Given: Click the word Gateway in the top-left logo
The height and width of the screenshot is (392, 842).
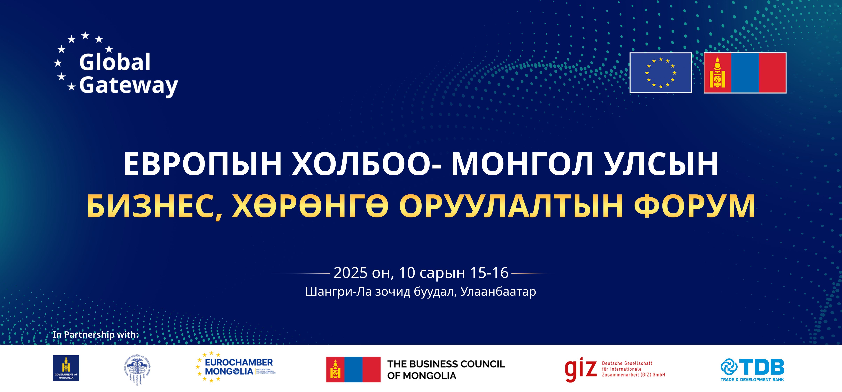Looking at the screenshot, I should pos(128,86).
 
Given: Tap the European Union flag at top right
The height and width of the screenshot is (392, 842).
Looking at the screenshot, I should pos(660,73).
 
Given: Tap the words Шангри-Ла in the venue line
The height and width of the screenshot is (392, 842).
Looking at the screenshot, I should pos(338,291).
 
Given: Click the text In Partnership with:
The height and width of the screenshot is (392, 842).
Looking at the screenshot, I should pos(96,335).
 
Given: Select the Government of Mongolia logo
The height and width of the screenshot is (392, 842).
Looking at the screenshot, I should pos(66,368).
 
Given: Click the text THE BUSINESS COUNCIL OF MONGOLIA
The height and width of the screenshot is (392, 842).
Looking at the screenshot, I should pos(446,370).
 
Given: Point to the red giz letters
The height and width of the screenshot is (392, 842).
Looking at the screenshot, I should pos(581,369).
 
